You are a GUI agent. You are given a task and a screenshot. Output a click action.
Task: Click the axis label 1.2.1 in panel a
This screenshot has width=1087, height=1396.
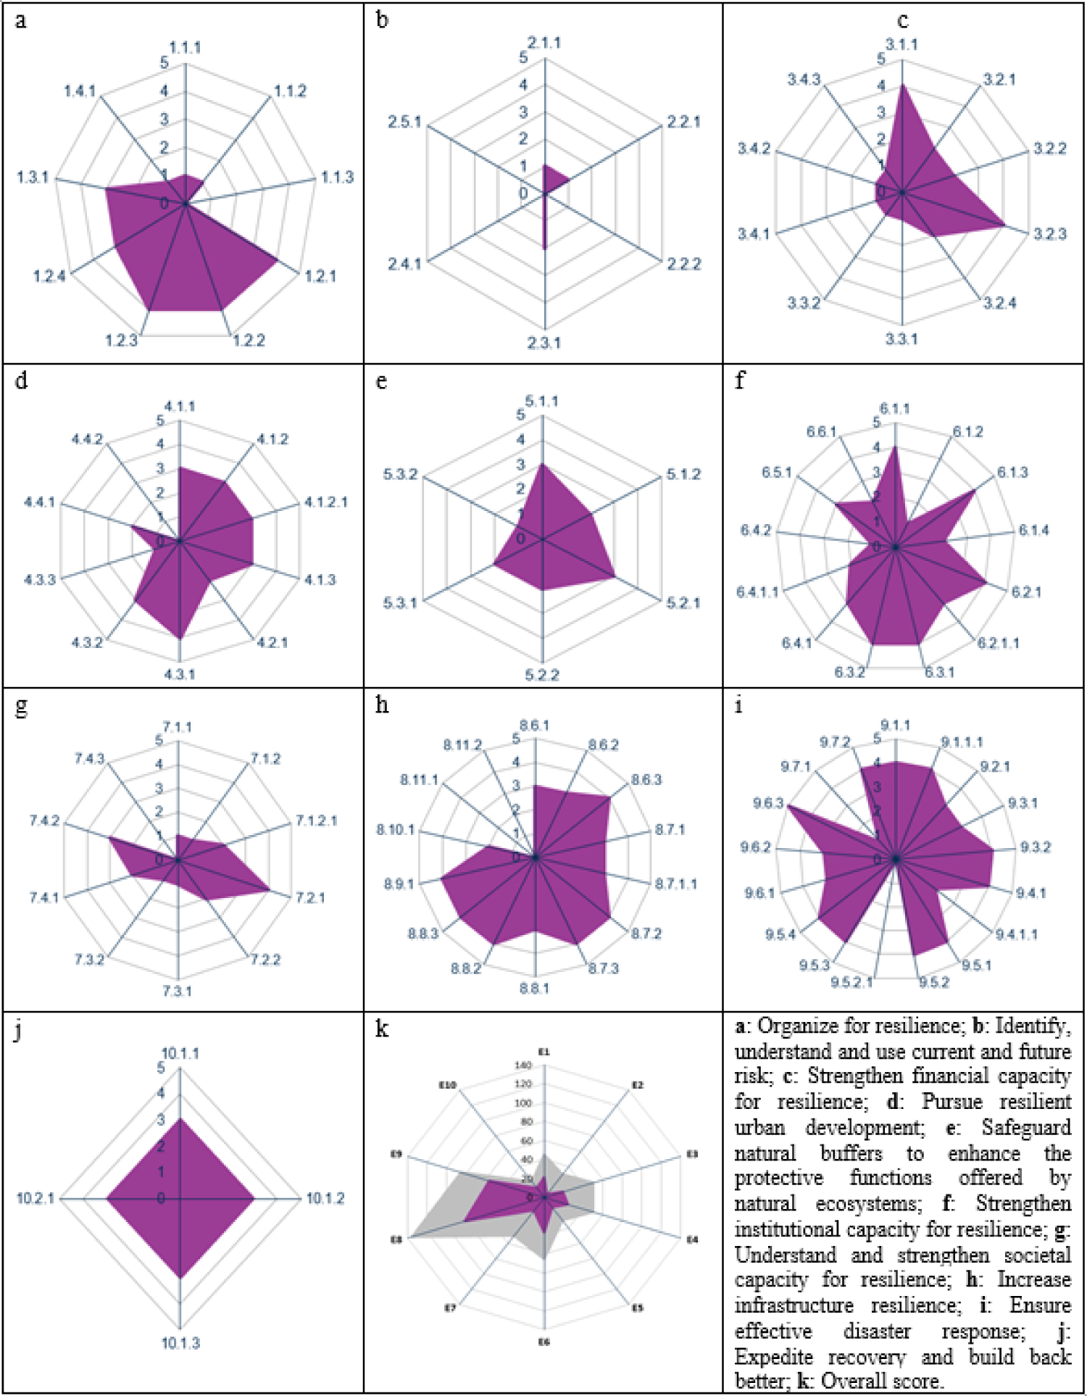[x=320, y=276]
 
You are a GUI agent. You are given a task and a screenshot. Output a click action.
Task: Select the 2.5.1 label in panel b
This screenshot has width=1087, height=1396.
[x=404, y=122]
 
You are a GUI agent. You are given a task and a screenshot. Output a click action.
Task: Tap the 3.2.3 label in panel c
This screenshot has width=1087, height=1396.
[x=1050, y=234]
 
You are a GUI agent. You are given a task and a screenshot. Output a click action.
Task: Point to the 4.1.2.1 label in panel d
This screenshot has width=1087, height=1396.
[x=325, y=502]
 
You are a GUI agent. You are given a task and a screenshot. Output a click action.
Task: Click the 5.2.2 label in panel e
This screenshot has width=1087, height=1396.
[x=542, y=676]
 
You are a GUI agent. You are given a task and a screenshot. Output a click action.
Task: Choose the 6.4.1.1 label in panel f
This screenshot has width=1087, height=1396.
[x=758, y=592]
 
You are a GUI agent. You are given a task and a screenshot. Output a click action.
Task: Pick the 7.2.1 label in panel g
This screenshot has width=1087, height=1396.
[x=310, y=898]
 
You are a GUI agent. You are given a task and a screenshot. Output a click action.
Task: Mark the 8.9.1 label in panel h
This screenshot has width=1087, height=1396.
[x=399, y=884]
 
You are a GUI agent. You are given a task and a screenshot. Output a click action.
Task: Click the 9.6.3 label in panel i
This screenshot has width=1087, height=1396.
[x=768, y=804]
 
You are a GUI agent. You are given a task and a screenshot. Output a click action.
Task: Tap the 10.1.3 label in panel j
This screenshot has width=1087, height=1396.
[x=180, y=1343]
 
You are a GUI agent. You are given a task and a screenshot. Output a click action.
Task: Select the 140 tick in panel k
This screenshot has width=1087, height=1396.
[x=523, y=1065]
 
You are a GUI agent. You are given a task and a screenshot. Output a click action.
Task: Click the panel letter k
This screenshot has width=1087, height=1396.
[x=382, y=1029]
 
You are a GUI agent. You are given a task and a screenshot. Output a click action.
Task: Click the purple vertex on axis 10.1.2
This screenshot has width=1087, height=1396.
[x=254, y=1199]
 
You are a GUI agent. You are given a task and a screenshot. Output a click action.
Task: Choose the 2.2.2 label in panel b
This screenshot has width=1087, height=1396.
[x=684, y=264]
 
